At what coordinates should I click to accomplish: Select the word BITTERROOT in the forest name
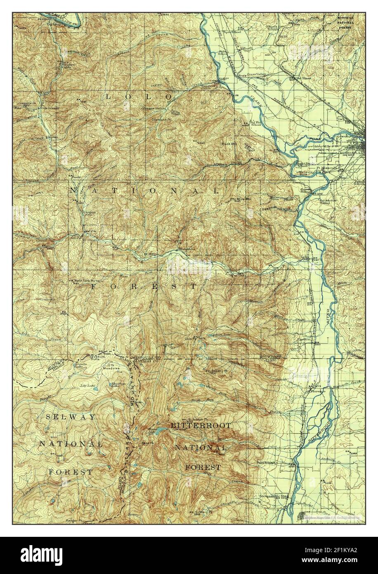tap(201, 425)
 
